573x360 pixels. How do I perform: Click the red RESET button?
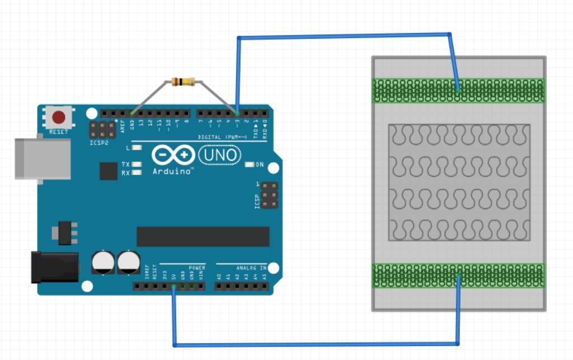pos(58,118)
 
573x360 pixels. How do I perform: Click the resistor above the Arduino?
pos(183,82)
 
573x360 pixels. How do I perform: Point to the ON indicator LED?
pos(250,165)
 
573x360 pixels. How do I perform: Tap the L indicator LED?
pos(136,148)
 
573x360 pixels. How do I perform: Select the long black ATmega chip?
pos(203,236)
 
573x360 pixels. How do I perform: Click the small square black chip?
pos(108,171)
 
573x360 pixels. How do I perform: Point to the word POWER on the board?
pos(197,268)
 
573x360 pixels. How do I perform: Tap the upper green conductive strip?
pos(458,91)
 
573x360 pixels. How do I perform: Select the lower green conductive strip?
pos(458,275)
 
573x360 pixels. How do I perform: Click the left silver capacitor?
pos(103,262)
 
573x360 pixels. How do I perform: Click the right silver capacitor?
pos(128,262)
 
